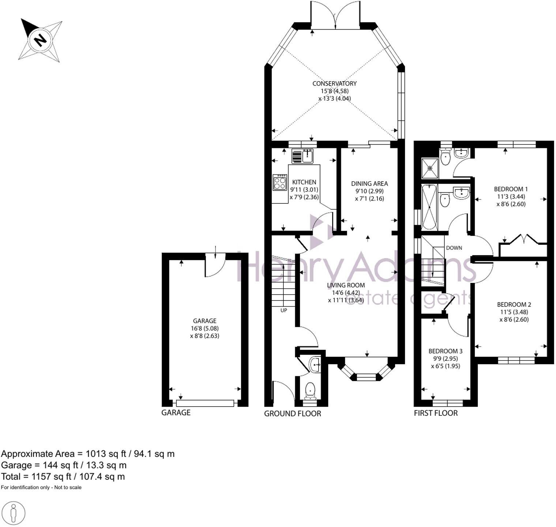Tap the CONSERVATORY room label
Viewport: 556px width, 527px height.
(x=334, y=83)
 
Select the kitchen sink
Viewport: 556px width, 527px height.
(x=302, y=156)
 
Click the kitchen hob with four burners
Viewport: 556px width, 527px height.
(x=280, y=182)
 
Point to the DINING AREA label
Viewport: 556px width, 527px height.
(x=369, y=184)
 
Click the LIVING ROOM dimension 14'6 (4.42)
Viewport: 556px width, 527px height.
(x=343, y=293)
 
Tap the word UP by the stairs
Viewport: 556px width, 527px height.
(x=283, y=310)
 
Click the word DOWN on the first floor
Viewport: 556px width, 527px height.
(x=454, y=248)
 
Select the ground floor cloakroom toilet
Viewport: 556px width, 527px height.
(x=311, y=390)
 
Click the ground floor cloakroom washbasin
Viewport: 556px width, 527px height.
(x=315, y=365)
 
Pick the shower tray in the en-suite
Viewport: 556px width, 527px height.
(x=429, y=168)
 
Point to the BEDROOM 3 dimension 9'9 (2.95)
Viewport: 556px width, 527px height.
(x=443, y=359)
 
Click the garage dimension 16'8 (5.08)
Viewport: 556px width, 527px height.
(x=204, y=328)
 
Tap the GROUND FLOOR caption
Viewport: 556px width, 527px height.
(x=292, y=414)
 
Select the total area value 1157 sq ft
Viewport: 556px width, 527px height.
(x=48, y=476)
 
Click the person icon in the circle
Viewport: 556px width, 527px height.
(x=14, y=513)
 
